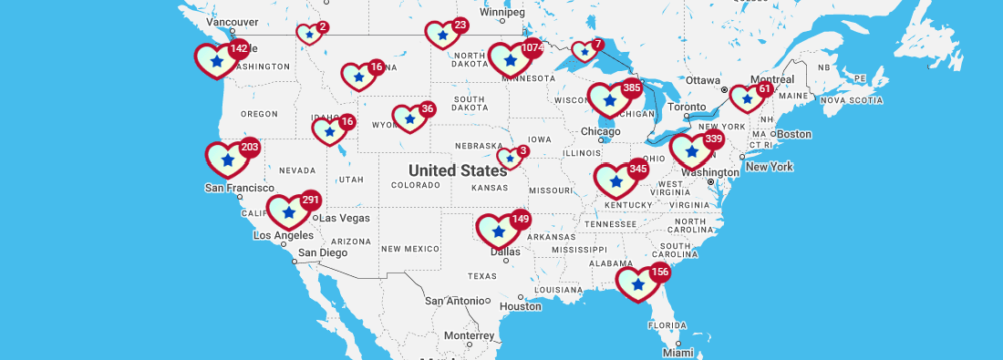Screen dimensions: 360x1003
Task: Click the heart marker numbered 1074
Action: click(510, 60)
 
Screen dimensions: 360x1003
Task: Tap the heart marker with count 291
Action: click(289, 211)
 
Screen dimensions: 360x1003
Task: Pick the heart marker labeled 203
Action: click(227, 159)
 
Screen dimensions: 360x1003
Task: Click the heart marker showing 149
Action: click(498, 230)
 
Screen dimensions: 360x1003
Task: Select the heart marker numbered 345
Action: click(616, 180)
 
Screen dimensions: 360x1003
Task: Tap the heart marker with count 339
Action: click(691, 150)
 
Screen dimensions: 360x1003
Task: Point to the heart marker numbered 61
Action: click(747, 98)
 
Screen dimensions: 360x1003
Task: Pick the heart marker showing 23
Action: click(443, 36)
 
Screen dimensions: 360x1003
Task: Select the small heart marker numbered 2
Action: click(309, 35)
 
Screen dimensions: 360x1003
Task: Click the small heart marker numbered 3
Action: click(510, 159)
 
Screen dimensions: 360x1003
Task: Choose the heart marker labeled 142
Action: click(216, 60)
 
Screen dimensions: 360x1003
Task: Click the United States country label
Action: click(458, 170)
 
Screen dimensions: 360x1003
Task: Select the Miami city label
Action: click(677, 352)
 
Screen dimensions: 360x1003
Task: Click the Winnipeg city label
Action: click(502, 12)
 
